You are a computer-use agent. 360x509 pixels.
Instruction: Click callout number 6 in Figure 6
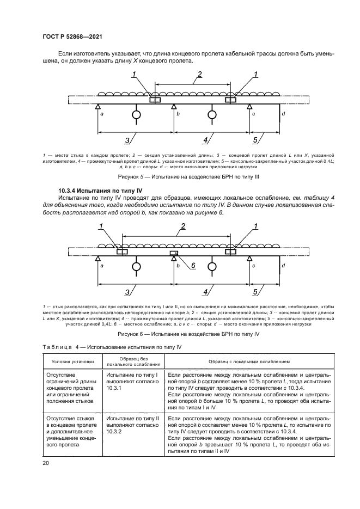[x=193, y=265]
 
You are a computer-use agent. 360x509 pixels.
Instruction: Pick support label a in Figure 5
[x=102, y=114]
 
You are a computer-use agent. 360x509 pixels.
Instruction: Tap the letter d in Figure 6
[x=283, y=266]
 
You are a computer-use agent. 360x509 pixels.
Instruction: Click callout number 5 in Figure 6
[x=255, y=292]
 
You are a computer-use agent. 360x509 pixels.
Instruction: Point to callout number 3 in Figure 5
[x=127, y=141]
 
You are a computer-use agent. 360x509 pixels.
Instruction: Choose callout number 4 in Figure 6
[x=206, y=292]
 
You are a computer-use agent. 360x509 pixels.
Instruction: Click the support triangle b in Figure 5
[x=173, y=107]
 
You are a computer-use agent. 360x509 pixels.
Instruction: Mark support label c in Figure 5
[x=253, y=114]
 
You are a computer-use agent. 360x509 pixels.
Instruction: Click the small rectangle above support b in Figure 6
[x=174, y=253]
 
